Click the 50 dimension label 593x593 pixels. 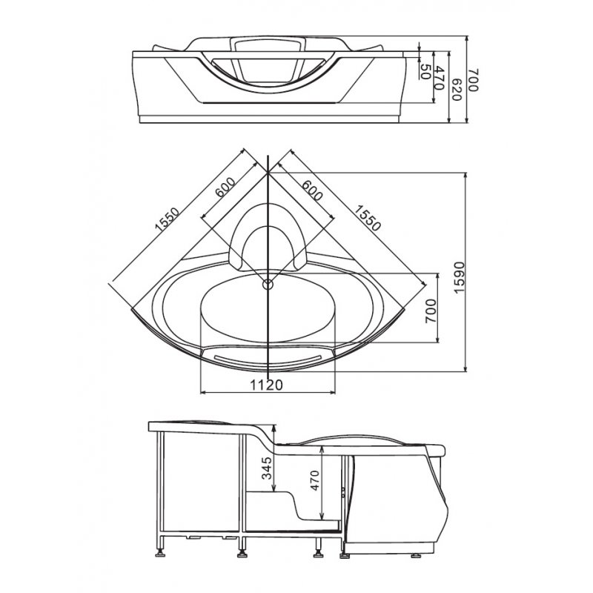(x=425, y=71)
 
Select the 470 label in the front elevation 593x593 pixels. (x=439, y=78)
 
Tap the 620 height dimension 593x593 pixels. (x=457, y=89)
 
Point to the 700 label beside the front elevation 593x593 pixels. (x=474, y=79)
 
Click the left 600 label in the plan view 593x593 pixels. (x=225, y=188)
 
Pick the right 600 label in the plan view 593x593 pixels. (x=312, y=191)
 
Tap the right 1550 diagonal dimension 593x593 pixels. (x=367, y=218)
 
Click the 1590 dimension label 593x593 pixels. (x=458, y=276)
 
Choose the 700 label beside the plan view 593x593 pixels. (x=431, y=311)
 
